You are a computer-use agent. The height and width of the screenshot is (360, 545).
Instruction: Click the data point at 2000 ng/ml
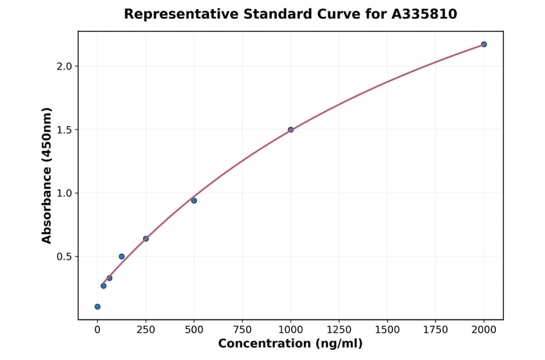click(x=484, y=44)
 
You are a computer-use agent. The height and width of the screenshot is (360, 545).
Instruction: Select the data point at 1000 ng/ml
click(x=291, y=130)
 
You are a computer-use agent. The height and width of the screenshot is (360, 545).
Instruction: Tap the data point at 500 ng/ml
click(x=194, y=201)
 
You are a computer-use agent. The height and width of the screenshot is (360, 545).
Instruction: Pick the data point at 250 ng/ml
click(x=146, y=239)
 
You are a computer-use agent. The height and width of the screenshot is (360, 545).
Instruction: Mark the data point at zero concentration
click(x=97, y=307)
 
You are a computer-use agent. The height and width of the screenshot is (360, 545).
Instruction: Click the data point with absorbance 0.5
click(x=122, y=256)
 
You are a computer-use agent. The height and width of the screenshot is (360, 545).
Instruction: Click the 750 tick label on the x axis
click(x=242, y=330)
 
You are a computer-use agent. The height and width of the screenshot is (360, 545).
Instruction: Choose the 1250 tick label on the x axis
click(x=339, y=330)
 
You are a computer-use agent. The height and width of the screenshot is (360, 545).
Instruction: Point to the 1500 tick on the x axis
click(x=388, y=330)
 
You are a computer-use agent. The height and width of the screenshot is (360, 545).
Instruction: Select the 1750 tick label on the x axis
click(x=435, y=330)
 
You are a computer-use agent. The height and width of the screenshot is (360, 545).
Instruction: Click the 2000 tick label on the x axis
click(x=484, y=330)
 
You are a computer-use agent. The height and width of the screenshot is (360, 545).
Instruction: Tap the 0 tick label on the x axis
click(x=97, y=330)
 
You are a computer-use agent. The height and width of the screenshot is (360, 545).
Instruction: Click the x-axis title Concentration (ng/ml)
click(x=291, y=344)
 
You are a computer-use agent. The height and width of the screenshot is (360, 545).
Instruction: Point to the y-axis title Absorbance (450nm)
click(x=47, y=175)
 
